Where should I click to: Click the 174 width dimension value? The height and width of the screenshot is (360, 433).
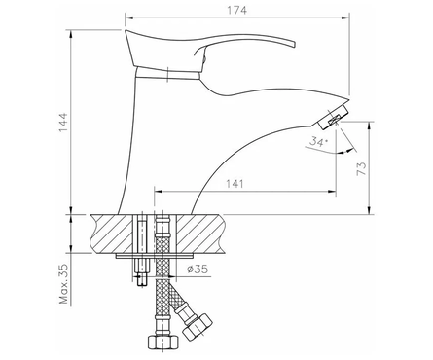[x=236, y=10]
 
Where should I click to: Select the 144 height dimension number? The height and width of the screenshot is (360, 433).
[x=62, y=122]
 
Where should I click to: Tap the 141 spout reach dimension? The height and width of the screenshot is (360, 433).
[x=235, y=184]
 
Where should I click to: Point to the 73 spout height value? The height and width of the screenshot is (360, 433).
[x=361, y=168]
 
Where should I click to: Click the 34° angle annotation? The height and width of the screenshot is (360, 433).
[x=318, y=142]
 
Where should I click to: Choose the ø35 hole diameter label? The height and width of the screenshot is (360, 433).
[x=198, y=269]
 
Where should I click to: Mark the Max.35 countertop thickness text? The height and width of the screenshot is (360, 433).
[x=64, y=284]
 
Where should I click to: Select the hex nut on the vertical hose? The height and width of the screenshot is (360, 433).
[x=163, y=342]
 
